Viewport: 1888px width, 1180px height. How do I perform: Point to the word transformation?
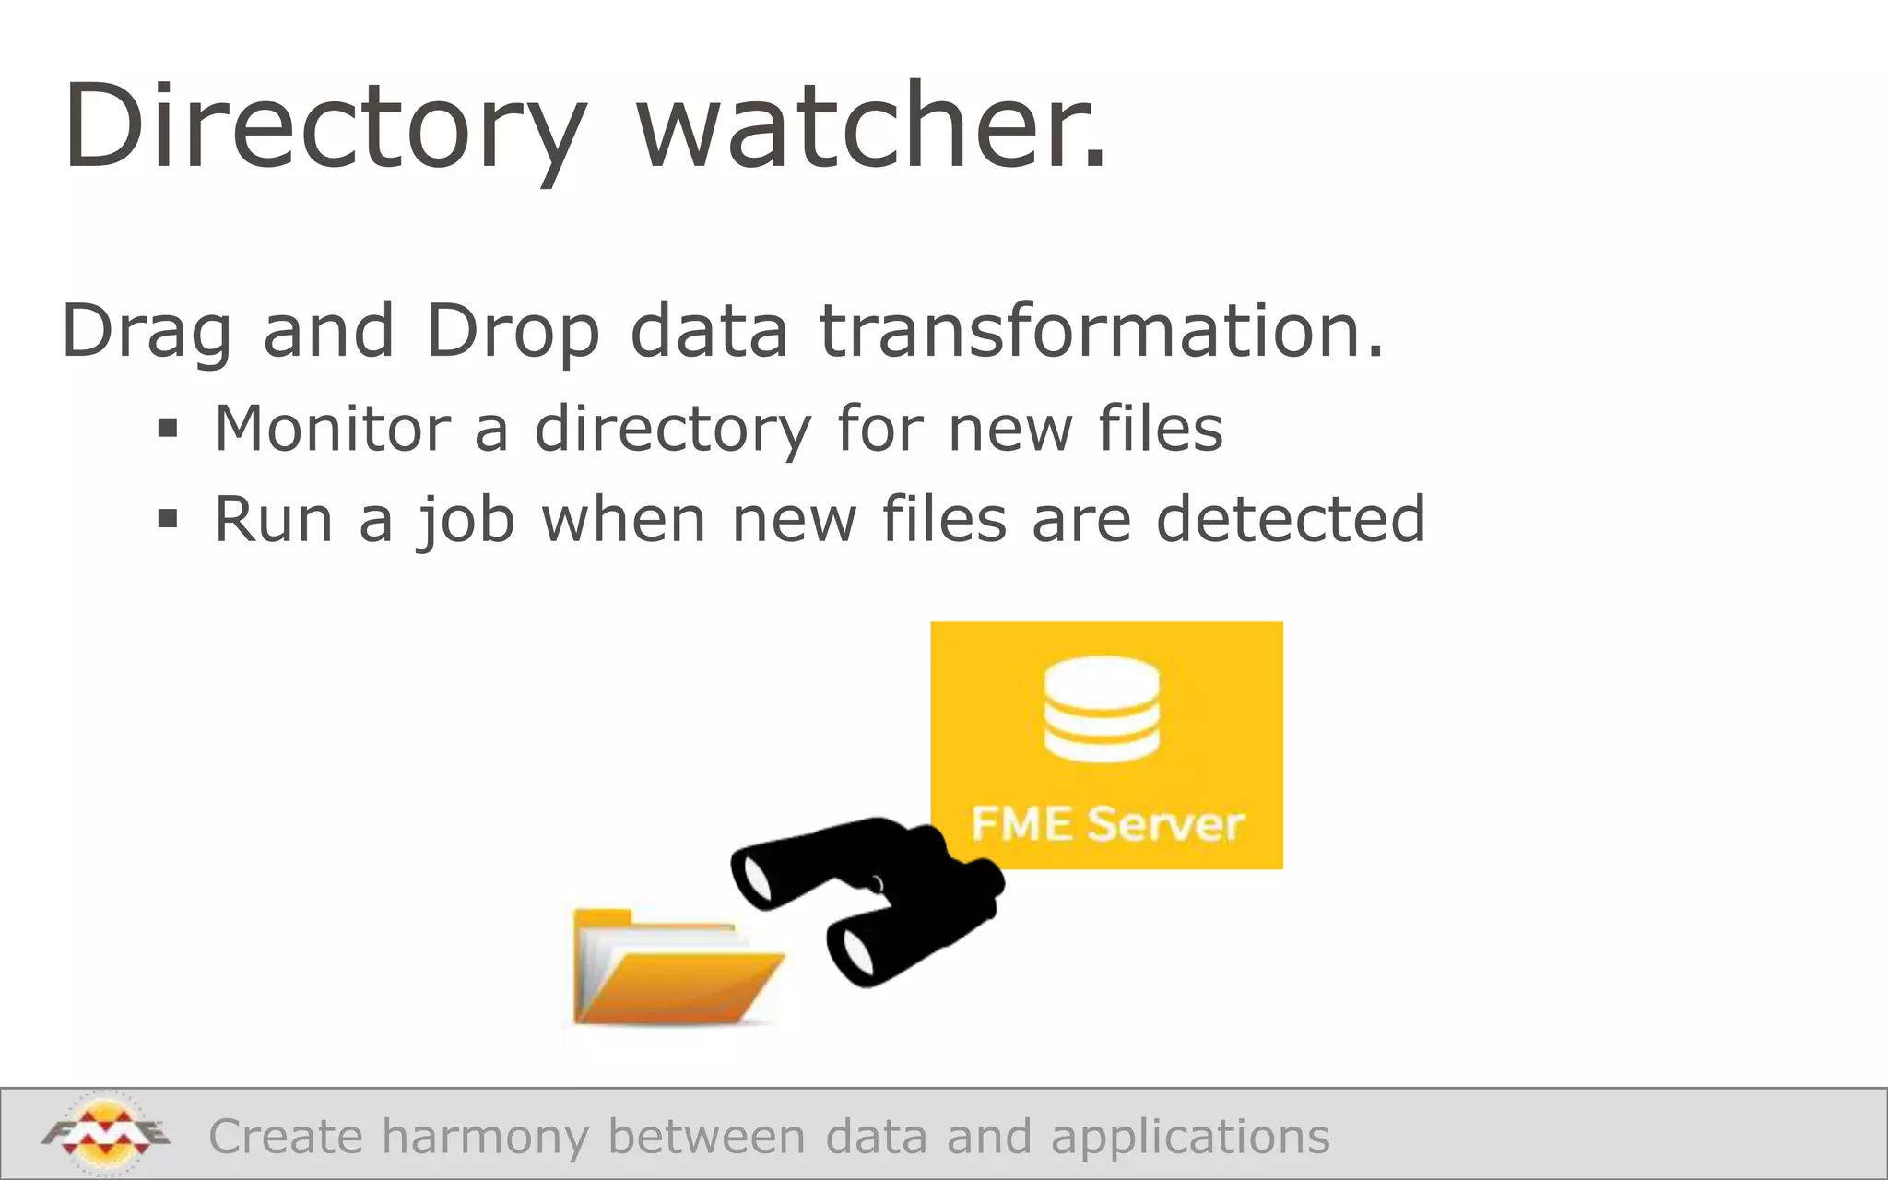(x=1102, y=330)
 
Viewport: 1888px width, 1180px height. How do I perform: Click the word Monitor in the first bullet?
(x=332, y=429)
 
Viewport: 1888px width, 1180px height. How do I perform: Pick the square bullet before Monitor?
(x=167, y=429)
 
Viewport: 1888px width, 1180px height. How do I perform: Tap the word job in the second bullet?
(x=466, y=521)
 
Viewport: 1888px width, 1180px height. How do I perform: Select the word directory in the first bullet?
(x=673, y=431)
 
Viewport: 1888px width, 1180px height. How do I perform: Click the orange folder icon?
(x=675, y=968)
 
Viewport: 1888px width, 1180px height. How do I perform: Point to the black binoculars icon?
(x=867, y=899)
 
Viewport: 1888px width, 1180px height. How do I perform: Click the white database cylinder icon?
(x=1102, y=708)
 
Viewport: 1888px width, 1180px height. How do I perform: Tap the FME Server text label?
(x=1107, y=823)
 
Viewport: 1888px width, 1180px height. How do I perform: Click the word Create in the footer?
(x=286, y=1136)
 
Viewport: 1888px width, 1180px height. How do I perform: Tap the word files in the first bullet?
(x=1160, y=429)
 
